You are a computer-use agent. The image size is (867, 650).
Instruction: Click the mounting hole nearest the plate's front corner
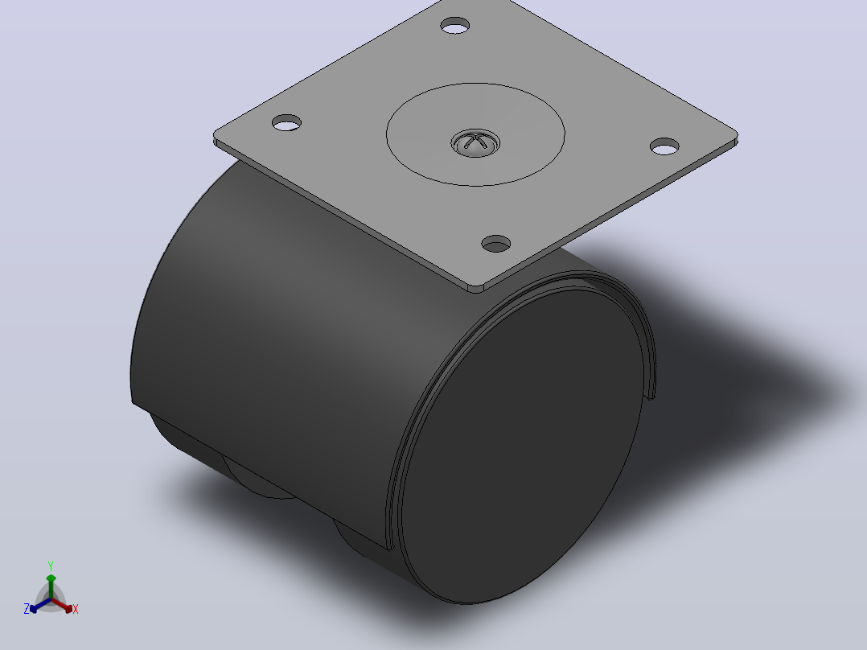(496, 244)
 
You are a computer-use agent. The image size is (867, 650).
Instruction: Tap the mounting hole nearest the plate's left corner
(287, 123)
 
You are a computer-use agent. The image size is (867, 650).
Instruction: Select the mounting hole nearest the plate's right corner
(664, 146)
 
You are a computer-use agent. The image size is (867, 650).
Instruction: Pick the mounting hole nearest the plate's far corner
(455, 26)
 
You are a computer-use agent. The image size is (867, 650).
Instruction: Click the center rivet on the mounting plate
(475, 143)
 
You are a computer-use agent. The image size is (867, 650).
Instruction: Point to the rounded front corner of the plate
(475, 288)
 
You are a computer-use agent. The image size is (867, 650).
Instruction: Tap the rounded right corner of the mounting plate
(733, 138)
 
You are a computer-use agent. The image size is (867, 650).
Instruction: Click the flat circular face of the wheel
(523, 446)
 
